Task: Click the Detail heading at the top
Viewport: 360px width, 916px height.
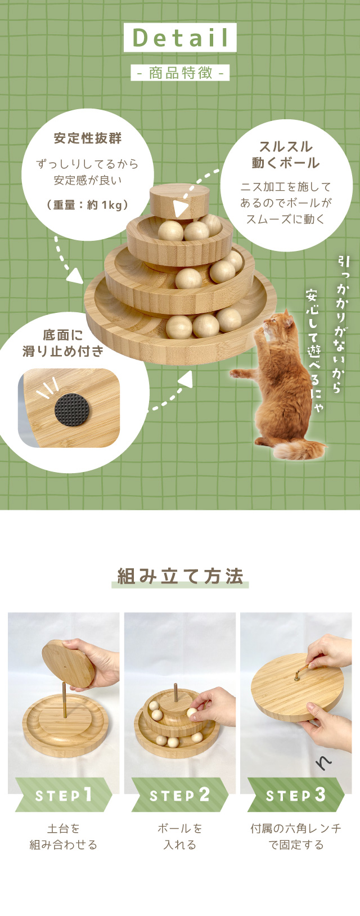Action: click(x=180, y=38)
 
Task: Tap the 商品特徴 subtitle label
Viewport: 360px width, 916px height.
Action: click(x=180, y=73)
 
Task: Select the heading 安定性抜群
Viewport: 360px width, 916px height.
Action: click(x=87, y=138)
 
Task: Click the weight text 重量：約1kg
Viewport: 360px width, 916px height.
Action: click(x=87, y=205)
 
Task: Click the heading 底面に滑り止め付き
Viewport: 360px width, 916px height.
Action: click(x=63, y=343)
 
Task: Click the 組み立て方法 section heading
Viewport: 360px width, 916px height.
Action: click(x=180, y=577)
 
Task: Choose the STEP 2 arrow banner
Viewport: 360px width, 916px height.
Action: click(x=179, y=795)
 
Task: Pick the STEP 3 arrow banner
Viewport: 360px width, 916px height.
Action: click(x=295, y=795)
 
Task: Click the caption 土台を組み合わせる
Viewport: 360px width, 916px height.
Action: click(x=63, y=837)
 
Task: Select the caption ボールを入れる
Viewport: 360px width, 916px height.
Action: click(x=179, y=837)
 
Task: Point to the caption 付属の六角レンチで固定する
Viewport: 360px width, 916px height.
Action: click(x=296, y=837)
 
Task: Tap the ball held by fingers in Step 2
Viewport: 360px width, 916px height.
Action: click(x=192, y=713)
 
